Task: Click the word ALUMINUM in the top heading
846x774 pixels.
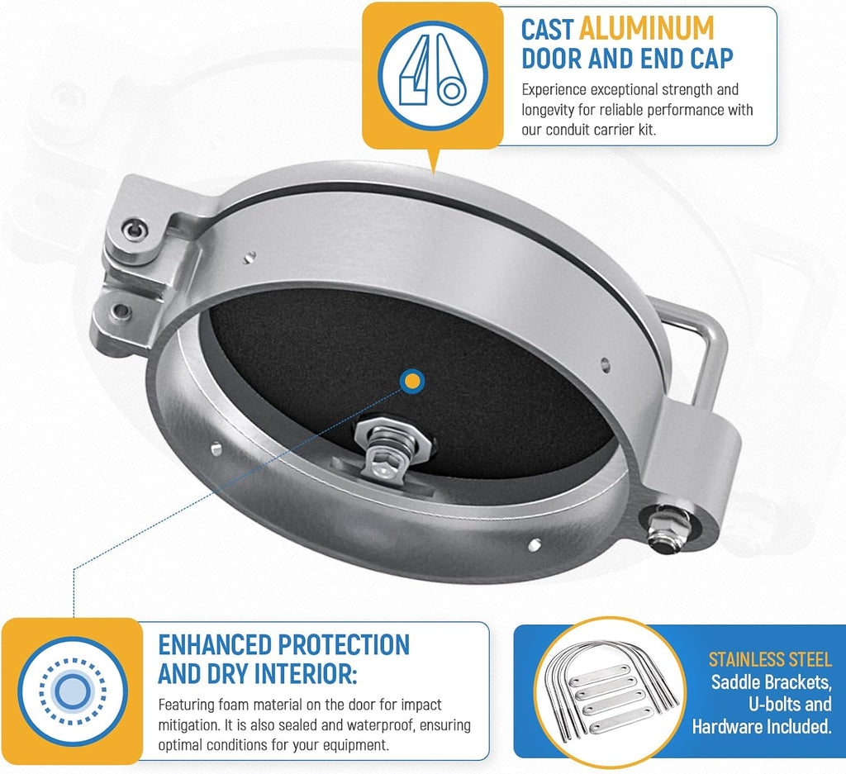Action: pyautogui.click(x=646, y=28)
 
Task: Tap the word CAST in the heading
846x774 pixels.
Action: pyautogui.click(x=547, y=29)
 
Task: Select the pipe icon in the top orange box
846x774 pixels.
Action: pyautogui.click(x=433, y=75)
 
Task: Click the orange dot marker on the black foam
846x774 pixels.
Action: pyautogui.click(x=412, y=382)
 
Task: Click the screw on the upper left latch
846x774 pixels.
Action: pyautogui.click(x=135, y=230)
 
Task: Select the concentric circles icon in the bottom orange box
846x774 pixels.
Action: pyautogui.click(x=73, y=691)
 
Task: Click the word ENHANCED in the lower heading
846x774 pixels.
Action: pyautogui.click(x=215, y=644)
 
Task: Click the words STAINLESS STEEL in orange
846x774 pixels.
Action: pyautogui.click(x=770, y=659)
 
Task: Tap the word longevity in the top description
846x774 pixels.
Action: pyautogui.click(x=548, y=110)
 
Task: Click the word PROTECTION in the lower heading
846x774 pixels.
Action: pyautogui.click(x=344, y=644)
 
